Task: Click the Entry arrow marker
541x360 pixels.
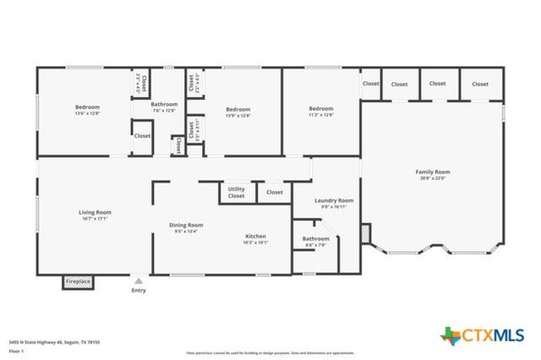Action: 138,280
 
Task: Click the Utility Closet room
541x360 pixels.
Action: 237,193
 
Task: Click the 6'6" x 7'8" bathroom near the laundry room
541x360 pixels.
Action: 315,243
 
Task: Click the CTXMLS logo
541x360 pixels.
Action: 483,336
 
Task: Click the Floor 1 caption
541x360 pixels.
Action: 16,350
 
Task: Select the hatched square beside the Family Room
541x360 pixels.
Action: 365,232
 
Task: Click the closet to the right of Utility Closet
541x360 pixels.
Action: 274,192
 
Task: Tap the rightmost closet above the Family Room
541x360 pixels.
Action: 480,84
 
